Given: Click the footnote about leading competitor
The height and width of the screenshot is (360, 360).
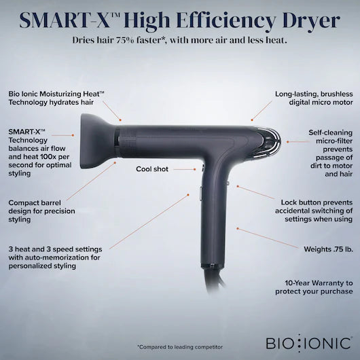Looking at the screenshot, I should [180, 346].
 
